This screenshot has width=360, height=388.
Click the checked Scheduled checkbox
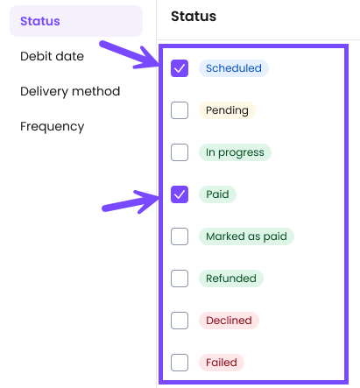tap(180, 68)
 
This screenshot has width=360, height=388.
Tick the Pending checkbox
tap(180, 110)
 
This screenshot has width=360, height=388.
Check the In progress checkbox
tap(180, 152)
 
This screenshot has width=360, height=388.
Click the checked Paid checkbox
tap(180, 194)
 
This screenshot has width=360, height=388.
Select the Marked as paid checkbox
tap(180, 236)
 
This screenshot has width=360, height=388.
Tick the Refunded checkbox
tap(180, 279)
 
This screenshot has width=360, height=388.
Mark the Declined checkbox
tap(180, 321)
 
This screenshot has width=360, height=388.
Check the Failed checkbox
tap(180, 363)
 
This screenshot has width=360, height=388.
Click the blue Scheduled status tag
tap(234, 68)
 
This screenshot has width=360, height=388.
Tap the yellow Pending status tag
tap(227, 110)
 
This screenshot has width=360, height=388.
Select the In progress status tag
tap(235, 152)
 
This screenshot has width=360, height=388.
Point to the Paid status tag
tap(217, 194)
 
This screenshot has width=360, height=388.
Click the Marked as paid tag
tap(246, 236)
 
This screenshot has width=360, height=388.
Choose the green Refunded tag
tap(231, 279)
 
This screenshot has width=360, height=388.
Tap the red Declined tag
tap(229, 321)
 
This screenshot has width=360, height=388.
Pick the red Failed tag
tap(222, 363)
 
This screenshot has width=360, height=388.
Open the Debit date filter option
tap(52, 56)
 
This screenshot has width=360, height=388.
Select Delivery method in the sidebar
tap(70, 91)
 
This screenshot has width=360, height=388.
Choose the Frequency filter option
tap(53, 127)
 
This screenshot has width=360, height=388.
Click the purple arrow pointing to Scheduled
tap(129, 54)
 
